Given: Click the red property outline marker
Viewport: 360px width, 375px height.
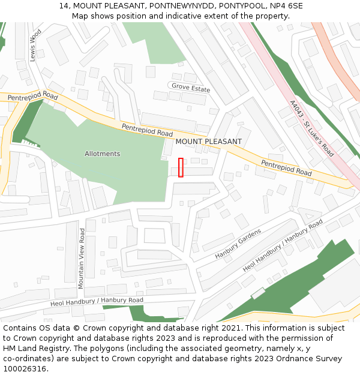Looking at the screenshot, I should pyautogui.click(x=181, y=167).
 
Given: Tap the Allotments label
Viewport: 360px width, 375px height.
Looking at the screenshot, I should pyautogui.click(x=102, y=154).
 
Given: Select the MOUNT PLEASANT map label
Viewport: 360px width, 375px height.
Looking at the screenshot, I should pyautogui.click(x=209, y=142).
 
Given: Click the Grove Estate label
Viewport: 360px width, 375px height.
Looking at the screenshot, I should pyautogui.click(x=191, y=89).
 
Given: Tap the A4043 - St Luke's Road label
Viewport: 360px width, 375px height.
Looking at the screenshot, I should pyautogui.click(x=311, y=128).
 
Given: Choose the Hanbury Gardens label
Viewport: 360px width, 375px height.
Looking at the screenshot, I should pyautogui.click(x=238, y=244).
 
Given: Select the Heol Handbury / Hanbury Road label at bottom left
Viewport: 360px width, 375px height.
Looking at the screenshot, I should pyautogui.click(x=97, y=301).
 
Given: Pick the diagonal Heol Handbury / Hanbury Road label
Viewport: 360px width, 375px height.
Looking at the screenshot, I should pyautogui.click(x=283, y=245).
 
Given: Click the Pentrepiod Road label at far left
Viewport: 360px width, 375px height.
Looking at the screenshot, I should pyautogui.click(x=33, y=96).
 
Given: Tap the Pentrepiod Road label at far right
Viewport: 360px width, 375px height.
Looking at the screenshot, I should pyautogui.click(x=286, y=167).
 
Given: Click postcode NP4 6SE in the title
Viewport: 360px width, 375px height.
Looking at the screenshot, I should pyautogui.click(x=287, y=6).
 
